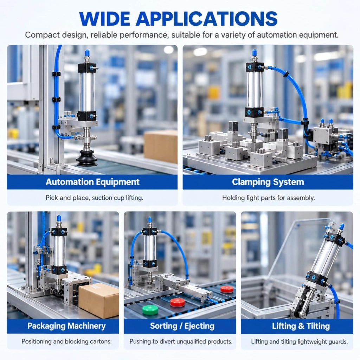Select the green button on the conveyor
point(150,310)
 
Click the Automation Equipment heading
point(92,182)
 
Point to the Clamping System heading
point(268,182)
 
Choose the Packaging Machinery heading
point(66,326)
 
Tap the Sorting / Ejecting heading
point(182,326)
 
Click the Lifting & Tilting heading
point(301,326)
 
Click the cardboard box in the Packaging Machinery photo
point(99,300)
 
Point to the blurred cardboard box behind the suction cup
point(161,146)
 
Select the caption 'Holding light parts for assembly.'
point(268,198)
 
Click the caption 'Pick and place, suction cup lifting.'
point(94,198)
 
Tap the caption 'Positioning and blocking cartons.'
point(66,341)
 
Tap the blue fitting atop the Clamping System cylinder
point(254,53)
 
